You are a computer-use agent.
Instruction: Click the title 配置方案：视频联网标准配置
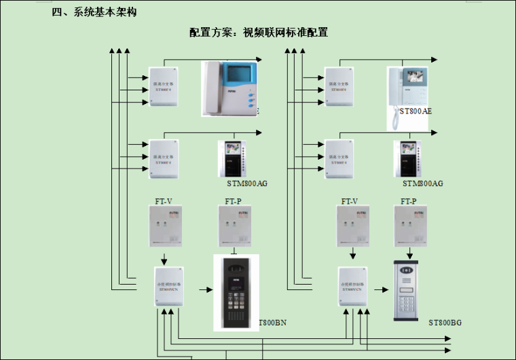[259, 33]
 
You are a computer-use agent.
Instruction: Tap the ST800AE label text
[416, 111]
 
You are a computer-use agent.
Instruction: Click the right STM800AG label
[422, 183]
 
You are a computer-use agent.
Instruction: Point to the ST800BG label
[445, 322]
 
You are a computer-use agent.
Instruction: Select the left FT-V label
[162, 201]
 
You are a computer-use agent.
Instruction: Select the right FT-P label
[408, 201]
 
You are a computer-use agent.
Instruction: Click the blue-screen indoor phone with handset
[231, 88]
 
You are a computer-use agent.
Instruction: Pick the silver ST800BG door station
[406, 291]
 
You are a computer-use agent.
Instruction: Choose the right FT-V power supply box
[353, 226]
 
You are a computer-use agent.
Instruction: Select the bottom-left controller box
[168, 287]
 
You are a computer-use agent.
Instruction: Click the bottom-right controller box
[352, 287]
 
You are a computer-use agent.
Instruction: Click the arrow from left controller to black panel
[205, 289]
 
